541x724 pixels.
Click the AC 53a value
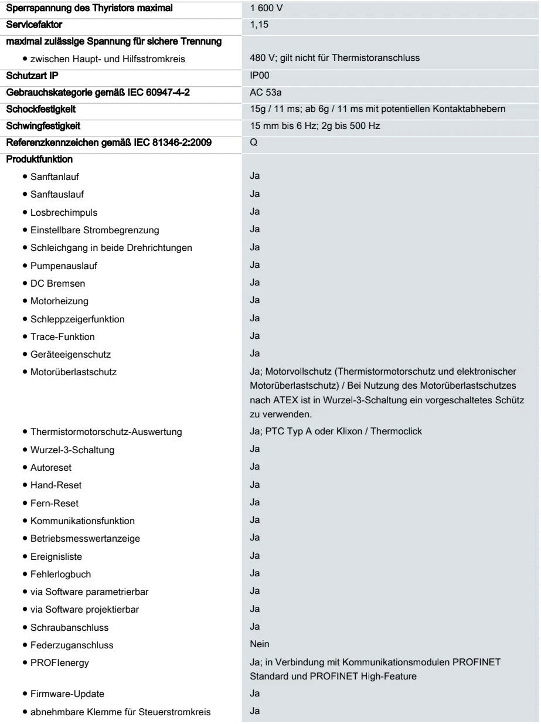(264, 93)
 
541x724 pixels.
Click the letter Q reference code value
(253, 142)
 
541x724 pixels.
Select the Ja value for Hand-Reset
(255, 485)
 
